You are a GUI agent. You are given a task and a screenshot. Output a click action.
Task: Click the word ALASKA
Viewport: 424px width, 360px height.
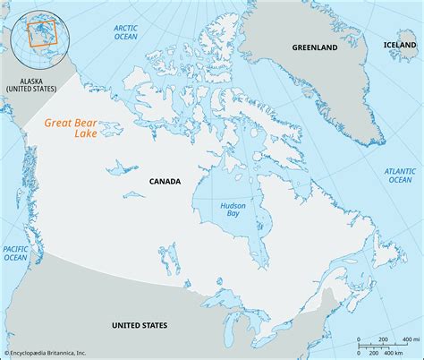29,79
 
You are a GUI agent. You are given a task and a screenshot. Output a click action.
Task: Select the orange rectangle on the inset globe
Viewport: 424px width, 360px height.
41,33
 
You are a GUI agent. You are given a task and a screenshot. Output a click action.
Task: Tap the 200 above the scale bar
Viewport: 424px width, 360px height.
381,339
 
